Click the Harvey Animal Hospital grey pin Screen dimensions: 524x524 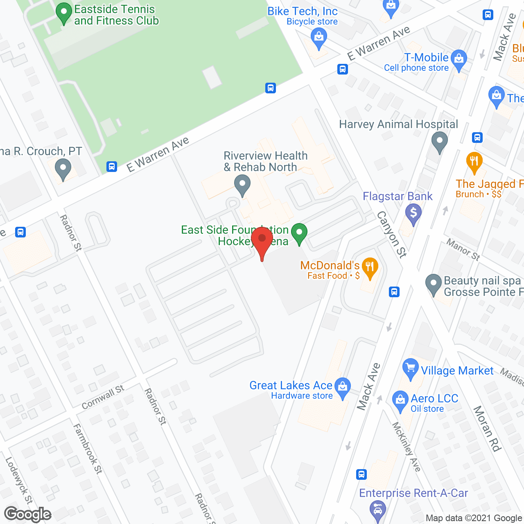click(440, 142)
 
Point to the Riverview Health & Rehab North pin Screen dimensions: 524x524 click(242, 185)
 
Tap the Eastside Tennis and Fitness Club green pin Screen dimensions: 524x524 click(63, 13)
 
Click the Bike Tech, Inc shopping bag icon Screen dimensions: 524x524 click(318, 38)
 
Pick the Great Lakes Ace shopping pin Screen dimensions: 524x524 click(343, 387)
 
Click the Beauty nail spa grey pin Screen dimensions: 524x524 click(434, 284)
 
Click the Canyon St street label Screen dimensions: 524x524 click(392, 235)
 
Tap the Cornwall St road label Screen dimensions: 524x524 click(103, 397)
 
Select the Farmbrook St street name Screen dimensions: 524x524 click(88, 449)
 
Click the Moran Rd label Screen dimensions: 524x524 click(487, 428)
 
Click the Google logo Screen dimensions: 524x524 click(28, 514)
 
